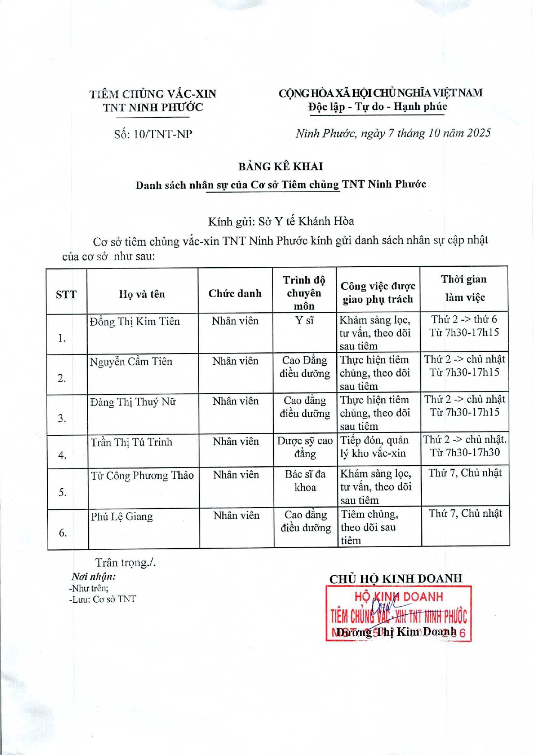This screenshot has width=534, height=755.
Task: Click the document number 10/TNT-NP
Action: (x=162, y=134)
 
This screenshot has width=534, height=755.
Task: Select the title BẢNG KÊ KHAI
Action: (x=280, y=166)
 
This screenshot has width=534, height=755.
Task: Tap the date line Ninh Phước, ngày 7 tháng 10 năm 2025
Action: (x=393, y=133)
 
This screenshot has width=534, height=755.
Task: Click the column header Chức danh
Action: (x=235, y=293)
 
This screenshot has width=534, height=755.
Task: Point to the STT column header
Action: (x=66, y=295)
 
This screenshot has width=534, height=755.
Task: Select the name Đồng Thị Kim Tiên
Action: (x=135, y=322)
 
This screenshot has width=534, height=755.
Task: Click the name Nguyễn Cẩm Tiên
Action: (x=131, y=362)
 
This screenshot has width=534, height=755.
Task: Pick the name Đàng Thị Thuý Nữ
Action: (x=133, y=402)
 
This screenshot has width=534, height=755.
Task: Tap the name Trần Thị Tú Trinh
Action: (x=131, y=442)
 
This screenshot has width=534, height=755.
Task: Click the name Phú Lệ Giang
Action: (x=122, y=516)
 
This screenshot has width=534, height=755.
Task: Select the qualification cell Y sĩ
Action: (x=304, y=320)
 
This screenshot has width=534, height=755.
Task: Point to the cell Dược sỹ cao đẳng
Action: (x=305, y=447)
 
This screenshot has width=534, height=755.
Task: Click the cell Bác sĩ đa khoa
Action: (x=305, y=481)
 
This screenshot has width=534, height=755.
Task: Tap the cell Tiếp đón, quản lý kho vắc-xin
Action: (x=374, y=447)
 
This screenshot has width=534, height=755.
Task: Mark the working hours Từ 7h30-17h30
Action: (x=465, y=452)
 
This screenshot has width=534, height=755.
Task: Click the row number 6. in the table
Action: (x=63, y=533)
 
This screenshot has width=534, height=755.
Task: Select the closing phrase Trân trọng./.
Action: (x=125, y=563)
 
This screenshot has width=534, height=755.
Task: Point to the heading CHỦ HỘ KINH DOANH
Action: (x=396, y=579)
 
